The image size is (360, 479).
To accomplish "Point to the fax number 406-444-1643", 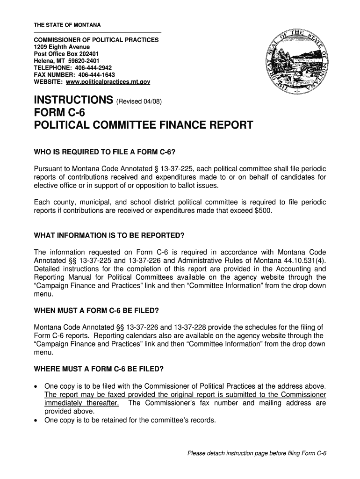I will click(97, 75).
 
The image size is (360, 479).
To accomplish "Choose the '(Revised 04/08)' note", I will click(139, 102).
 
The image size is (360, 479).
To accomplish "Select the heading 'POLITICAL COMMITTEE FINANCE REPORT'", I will click(144, 125).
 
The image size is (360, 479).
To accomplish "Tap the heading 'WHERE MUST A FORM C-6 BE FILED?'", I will click(99, 369).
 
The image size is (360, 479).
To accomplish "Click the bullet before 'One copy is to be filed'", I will click(37, 386).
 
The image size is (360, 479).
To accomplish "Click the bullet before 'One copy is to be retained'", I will click(37, 420).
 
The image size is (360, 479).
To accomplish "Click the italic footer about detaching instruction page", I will click(257, 453).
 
